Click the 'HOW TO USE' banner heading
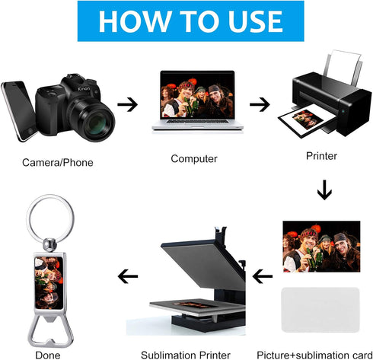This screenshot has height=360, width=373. tap(190, 21)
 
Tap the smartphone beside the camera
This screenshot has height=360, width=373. tap(19, 110)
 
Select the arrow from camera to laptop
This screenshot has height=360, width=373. tap(127, 104)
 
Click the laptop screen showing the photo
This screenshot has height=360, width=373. tap(197, 95)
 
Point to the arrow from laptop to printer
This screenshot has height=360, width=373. tap(260, 104)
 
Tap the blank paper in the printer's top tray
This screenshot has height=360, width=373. tap(344, 66)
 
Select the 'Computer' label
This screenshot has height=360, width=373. tap(194, 159)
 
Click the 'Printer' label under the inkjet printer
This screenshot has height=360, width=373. tap(321, 156)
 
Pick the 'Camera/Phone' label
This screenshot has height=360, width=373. tap(58, 163)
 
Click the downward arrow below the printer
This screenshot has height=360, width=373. tap(324, 190)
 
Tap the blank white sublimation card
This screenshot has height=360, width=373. tap(320, 310)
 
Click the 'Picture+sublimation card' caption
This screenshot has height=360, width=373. tap(314, 355)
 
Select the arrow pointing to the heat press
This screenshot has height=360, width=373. tap(263, 276)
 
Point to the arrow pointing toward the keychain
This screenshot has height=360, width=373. tap(128, 276)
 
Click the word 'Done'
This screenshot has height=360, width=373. tap(48, 355)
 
